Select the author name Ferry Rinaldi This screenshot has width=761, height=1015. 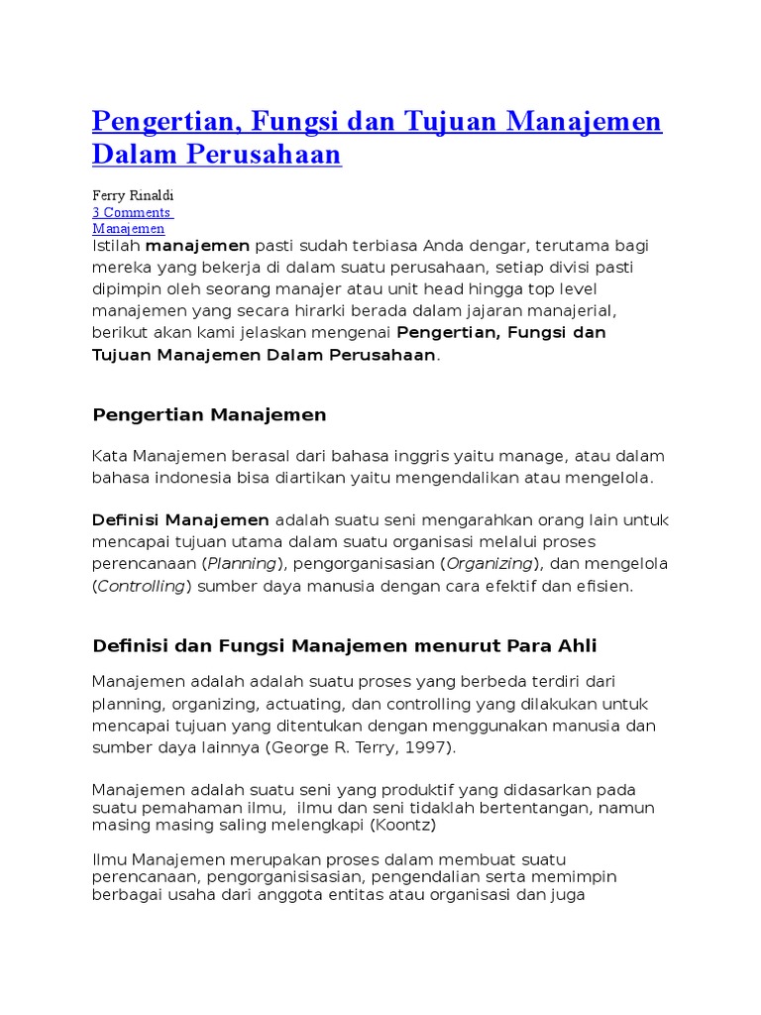click(133, 196)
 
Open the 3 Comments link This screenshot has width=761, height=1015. click(133, 212)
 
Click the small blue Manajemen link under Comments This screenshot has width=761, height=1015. click(129, 228)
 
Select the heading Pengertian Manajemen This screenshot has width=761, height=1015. click(209, 415)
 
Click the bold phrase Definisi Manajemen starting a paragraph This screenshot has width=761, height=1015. click(180, 520)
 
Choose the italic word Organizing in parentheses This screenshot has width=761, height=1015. click(489, 564)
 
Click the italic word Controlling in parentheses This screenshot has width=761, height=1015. click(142, 586)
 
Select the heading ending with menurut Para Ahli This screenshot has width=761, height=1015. click(345, 646)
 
